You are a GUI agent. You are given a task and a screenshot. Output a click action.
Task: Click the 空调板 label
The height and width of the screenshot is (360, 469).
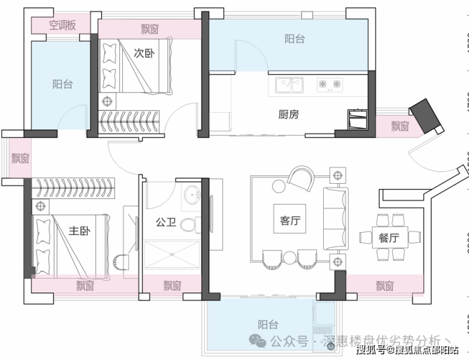click(62, 25)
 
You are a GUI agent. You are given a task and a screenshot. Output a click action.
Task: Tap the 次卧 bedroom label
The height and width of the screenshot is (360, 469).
click(145, 53)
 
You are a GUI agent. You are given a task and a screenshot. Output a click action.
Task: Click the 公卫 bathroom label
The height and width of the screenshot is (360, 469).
click(165, 222)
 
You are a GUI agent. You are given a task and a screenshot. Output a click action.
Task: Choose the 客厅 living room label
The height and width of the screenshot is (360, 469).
click(289, 221)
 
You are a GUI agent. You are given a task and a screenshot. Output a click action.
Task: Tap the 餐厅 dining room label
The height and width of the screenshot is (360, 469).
click(389, 238)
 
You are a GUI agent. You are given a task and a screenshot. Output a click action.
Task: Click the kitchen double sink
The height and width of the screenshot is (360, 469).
click(289, 83)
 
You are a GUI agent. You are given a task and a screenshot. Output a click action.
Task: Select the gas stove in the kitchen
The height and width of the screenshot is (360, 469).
click(330, 83)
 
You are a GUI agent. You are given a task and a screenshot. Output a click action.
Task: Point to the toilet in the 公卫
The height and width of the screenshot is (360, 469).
click(187, 224)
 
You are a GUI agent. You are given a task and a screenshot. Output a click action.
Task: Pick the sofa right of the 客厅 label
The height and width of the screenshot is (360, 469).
click(335, 217)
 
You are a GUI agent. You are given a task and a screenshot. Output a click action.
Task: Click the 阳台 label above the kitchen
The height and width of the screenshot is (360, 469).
click(294, 39)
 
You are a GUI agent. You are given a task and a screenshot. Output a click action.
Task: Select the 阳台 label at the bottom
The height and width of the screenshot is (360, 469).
click(268, 325)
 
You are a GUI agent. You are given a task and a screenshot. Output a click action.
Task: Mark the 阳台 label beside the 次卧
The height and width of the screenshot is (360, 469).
click(62, 84)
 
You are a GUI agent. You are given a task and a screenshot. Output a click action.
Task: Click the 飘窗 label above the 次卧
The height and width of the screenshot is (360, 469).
click(150, 29)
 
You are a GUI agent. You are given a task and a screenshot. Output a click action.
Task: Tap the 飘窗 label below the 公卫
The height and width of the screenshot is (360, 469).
click(172, 286)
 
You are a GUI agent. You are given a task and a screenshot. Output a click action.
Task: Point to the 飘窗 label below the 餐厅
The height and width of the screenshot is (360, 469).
click(385, 286)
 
